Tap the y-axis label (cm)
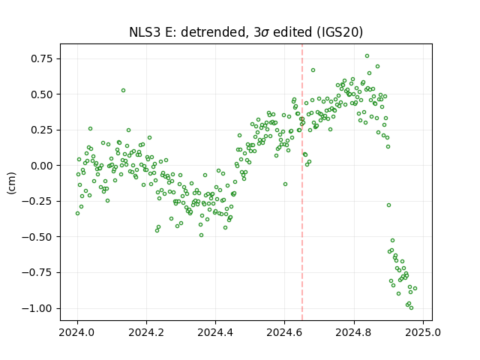(x=11, y=183)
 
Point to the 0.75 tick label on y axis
(x=42, y=58)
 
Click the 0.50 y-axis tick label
(x=42, y=94)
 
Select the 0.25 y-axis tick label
(x=42, y=130)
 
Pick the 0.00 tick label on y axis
(x=42, y=166)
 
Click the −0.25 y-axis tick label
(x=37, y=202)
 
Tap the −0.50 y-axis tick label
(x=37, y=237)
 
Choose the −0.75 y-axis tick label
(x=37, y=273)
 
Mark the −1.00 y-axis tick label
(x=37, y=308)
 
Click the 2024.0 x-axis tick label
(x=77, y=332)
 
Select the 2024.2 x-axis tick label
(x=146, y=332)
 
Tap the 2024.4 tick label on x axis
(x=215, y=332)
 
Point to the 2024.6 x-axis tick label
(x=284, y=332)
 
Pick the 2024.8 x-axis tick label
(x=354, y=332)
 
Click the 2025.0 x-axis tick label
(x=423, y=332)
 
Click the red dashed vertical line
(x=302, y=182)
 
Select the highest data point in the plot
(x=367, y=56)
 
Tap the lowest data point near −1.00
(x=411, y=308)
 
